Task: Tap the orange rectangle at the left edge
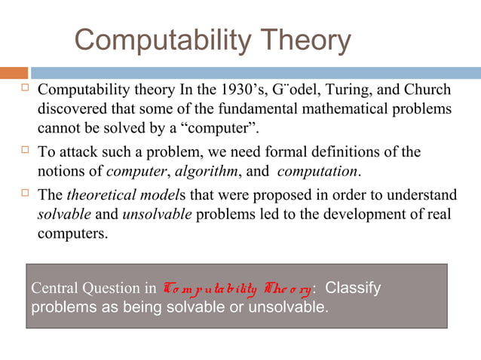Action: pyautogui.click(x=14, y=73)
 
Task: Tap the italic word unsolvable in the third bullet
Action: pyautogui.click(x=158, y=215)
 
